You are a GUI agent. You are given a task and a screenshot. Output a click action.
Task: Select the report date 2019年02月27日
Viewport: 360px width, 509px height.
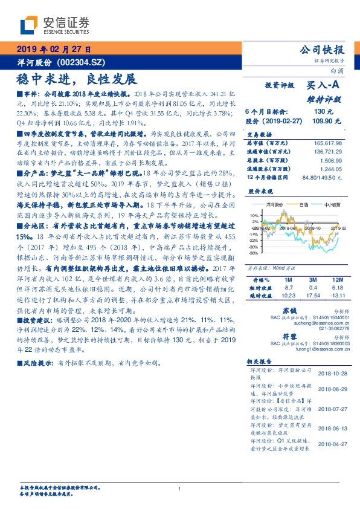[x=53, y=50]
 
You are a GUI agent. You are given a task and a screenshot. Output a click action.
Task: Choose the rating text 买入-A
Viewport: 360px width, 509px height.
[x=326, y=86]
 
